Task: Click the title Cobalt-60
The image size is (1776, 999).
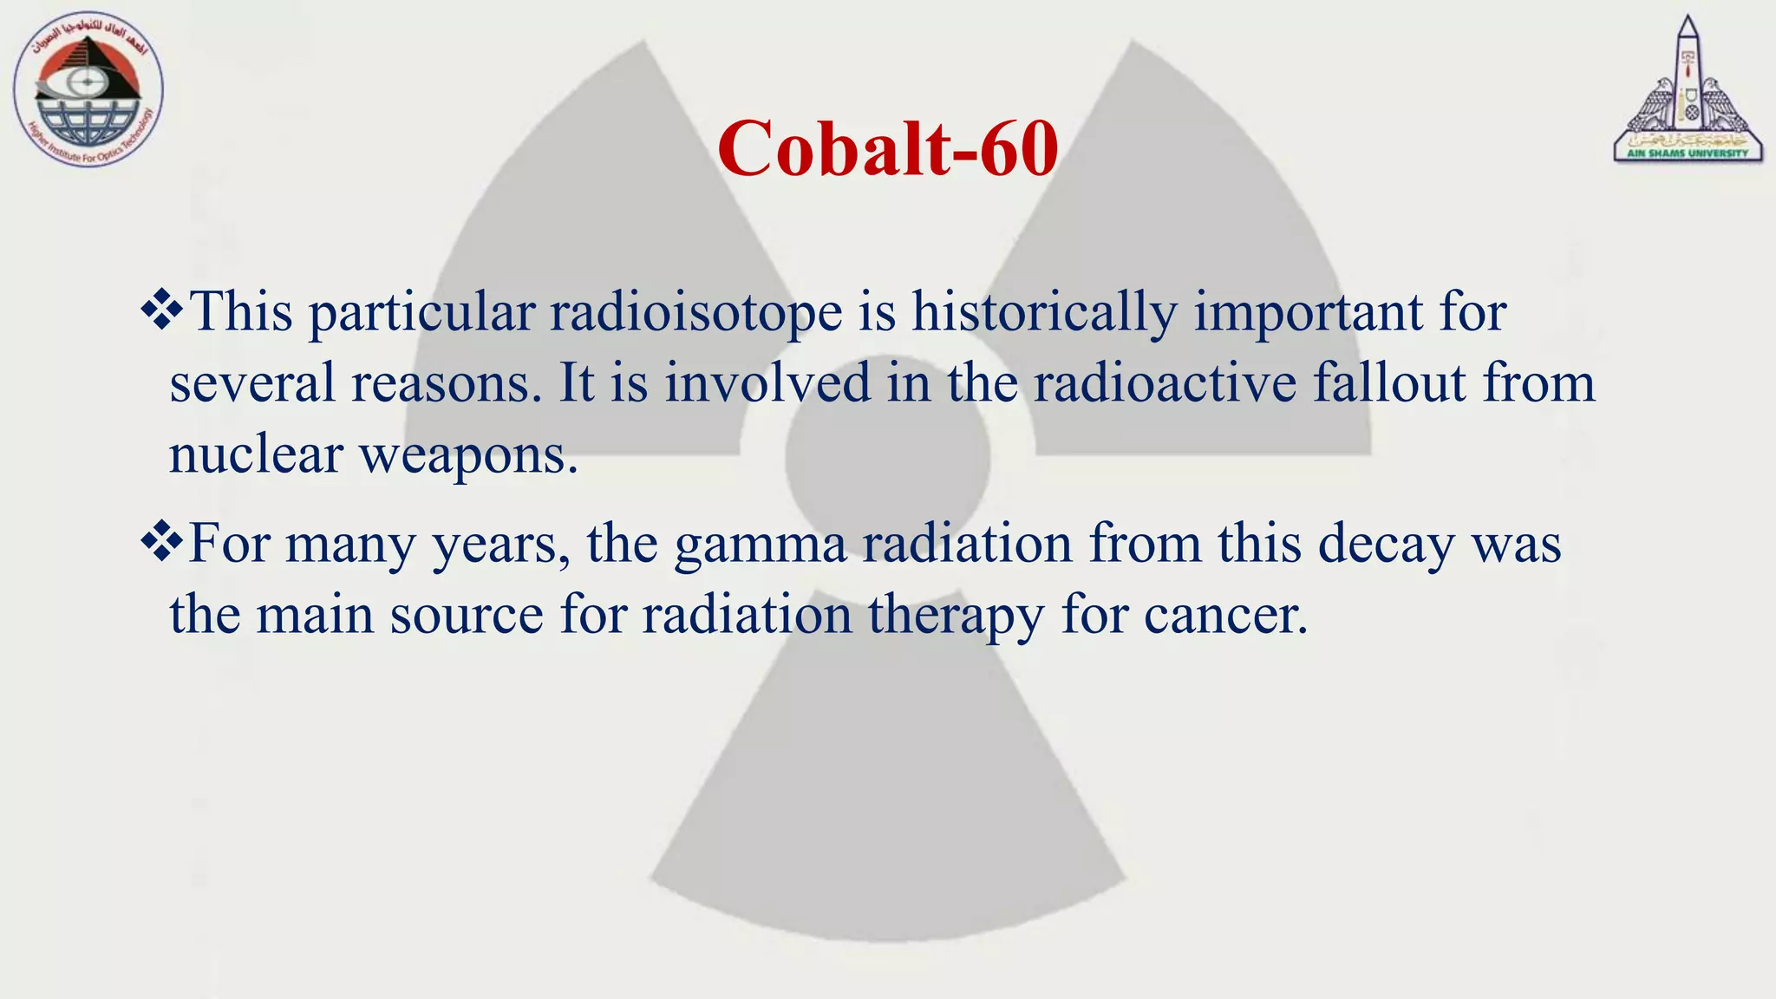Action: [887, 149]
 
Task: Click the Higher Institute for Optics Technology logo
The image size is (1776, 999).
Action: [88, 91]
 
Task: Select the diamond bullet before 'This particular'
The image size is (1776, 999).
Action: [161, 311]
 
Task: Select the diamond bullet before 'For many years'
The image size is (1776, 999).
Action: [161, 544]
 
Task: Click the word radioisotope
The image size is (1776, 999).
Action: [695, 313]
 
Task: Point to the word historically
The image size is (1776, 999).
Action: [1043, 313]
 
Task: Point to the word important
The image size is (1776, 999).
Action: [1309, 313]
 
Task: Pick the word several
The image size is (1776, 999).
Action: [251, 382]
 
